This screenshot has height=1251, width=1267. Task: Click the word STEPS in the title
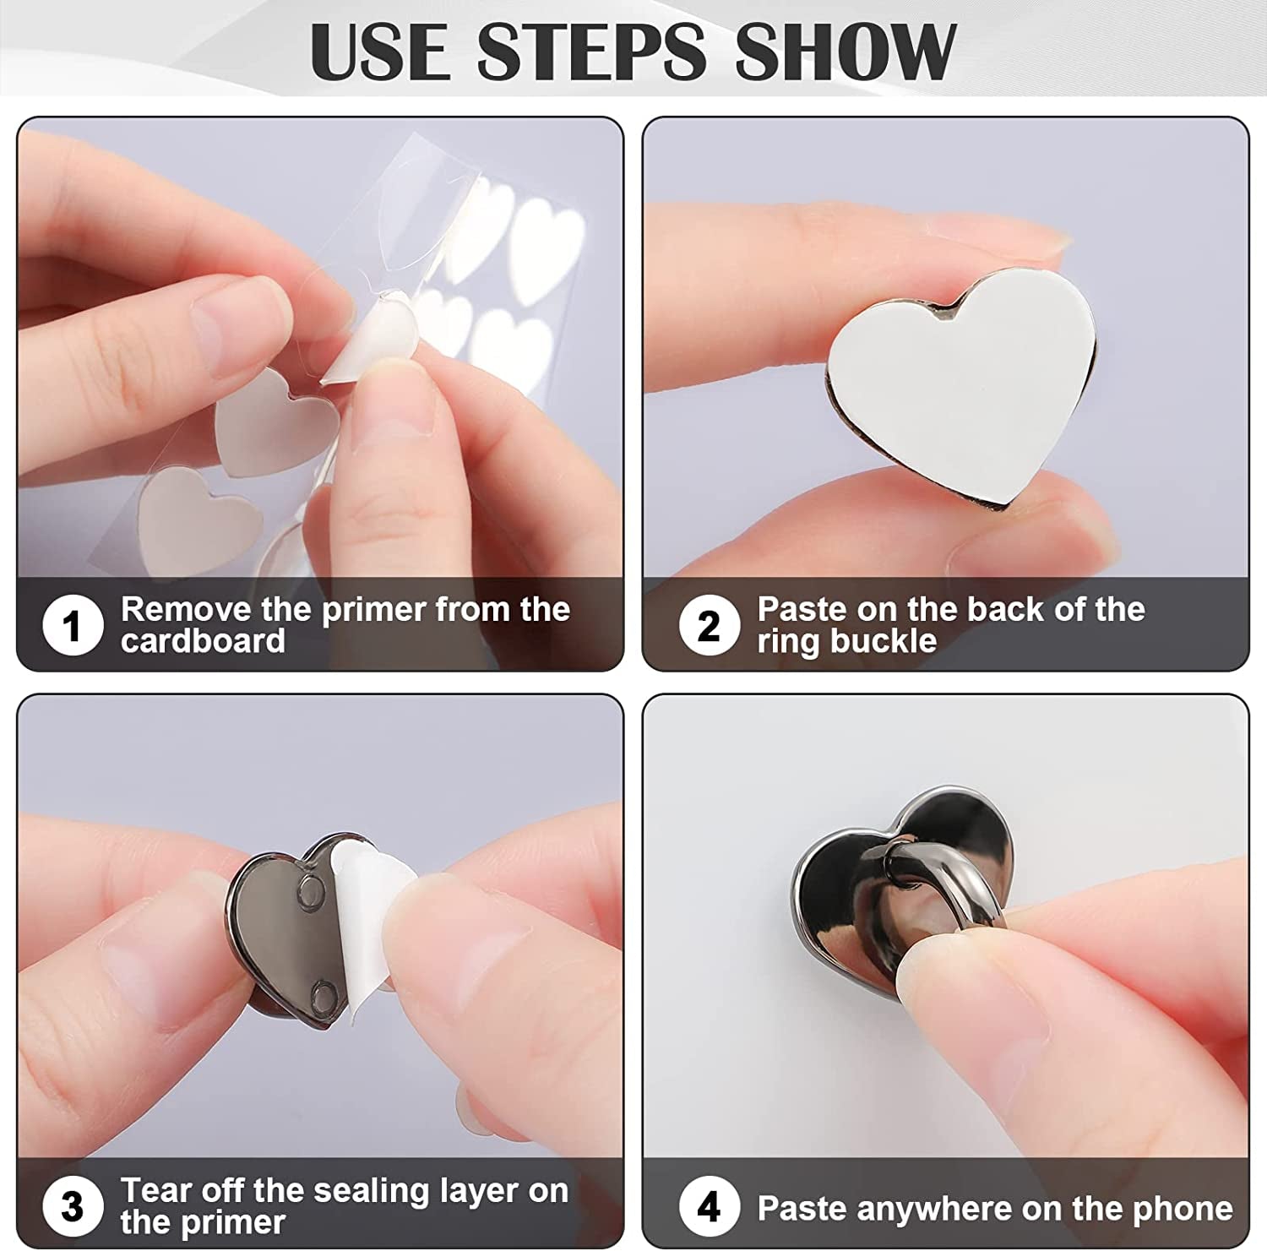pyautogui.click(x=590, y=52)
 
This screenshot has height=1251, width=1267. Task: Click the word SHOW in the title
pyautogui.click(x=845, y=52)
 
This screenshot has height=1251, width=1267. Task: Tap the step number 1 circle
pyautogui.click(x=73, y=626)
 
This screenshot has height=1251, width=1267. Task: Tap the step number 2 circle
pyautogui.click(x=709, y=626)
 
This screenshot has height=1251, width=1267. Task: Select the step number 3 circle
pyautogui.click(x=73, y=1207)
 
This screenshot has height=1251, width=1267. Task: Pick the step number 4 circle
pyautogui.click(x=709, y=1207)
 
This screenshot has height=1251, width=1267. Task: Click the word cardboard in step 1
pyautogui.click(x=203, y=641)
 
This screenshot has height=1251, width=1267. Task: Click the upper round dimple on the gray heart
pyautogui.click(x=310, y=889)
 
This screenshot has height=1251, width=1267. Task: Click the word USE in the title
pyautogui.click(x=380, y=52)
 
